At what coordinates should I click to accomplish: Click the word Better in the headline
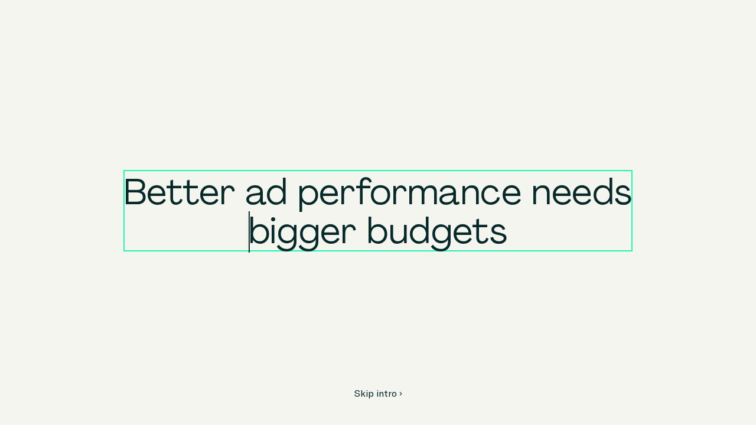(x=180, y=192)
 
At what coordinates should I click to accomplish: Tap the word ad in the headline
(x=266, y=192)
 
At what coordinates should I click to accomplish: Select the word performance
(x=410, y=194)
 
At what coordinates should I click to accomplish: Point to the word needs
(x=582, y=192)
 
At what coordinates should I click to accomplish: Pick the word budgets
(x=437, y=233)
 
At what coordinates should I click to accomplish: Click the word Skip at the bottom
(x=364, y=394)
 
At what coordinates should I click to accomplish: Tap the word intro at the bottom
(x=386, y=394)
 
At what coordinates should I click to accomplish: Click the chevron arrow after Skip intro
(x=400, y=394)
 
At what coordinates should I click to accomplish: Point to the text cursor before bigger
(x=249, y=232)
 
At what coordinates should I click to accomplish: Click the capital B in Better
(x=136, y=192)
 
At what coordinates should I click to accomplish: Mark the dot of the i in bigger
(x=273, y=220)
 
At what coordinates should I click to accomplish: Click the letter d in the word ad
(x=276, y=192)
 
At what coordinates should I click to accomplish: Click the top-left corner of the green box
(x=124, y=171)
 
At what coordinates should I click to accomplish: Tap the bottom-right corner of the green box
(x=632, y=251)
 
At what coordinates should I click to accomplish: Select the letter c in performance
(x=490, y=194)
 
